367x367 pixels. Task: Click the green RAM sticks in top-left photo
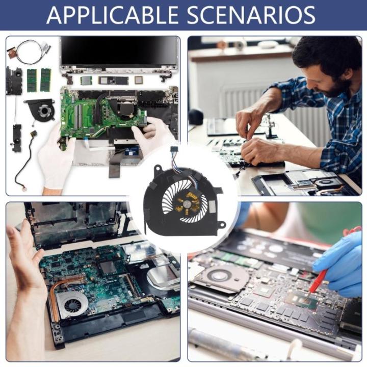39,80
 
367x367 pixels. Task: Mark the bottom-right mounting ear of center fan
222,224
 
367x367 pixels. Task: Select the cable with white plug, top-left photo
23,163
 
